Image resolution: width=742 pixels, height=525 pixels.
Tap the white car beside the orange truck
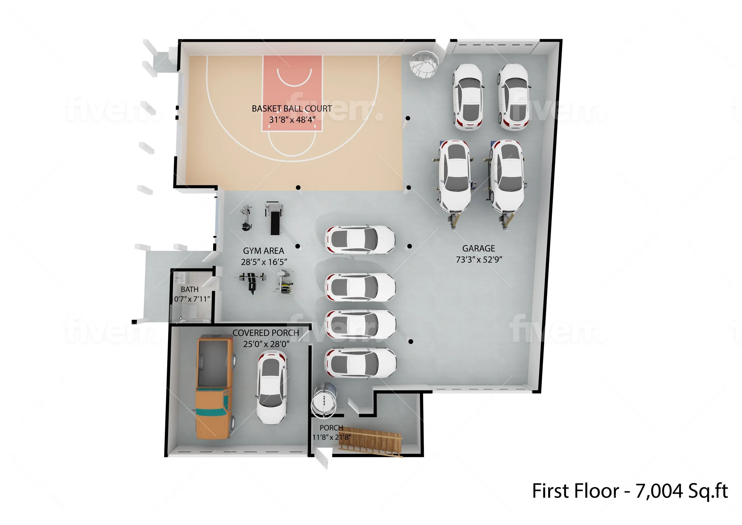(272, 388)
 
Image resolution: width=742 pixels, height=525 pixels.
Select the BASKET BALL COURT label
(291, 108)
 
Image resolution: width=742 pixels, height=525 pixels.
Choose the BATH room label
(190, 289)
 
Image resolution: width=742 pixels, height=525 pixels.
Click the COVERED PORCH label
(266, 333)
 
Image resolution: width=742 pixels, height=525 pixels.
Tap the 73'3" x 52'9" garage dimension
(479, 260)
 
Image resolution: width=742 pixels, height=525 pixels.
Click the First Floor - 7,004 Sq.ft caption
(630, 491)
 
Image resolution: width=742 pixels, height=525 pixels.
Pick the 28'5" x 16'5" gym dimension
(264, 262)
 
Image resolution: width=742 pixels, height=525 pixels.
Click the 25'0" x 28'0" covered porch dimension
(266, 344)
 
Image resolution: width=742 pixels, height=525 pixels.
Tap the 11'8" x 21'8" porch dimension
(331, 437)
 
